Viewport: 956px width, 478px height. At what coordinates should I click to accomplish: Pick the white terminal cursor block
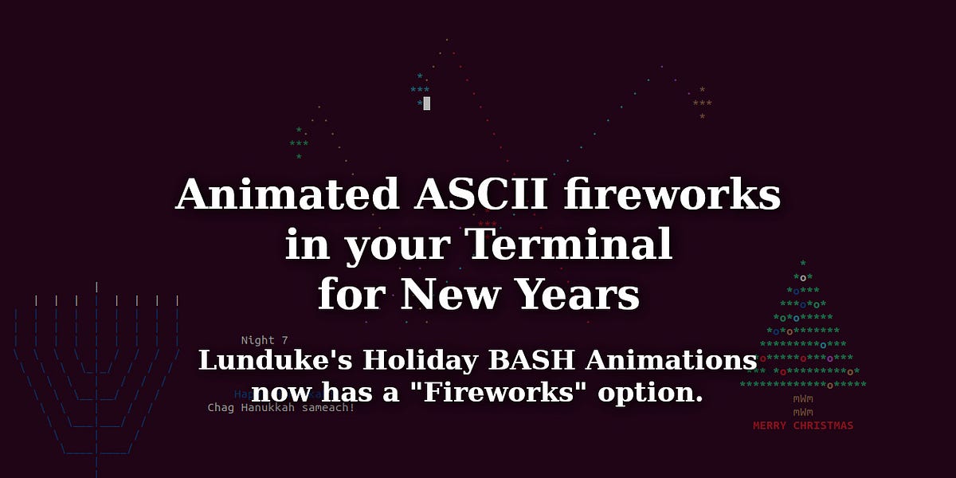(427, 104)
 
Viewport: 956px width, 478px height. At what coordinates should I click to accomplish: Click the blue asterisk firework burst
(419, 90)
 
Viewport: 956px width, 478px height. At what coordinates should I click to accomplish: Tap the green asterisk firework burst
(299, 143)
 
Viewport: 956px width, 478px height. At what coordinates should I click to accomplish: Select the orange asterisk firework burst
(702, 104)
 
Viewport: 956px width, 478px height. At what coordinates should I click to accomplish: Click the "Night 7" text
(264, 340)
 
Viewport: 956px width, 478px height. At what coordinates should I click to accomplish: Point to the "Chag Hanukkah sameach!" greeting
(281, 407)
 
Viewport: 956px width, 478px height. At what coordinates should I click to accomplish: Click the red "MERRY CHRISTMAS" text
(803, 425)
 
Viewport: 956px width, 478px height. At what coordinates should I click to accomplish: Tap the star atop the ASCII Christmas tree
(803, 263)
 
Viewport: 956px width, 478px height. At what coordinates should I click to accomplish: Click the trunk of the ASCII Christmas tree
(803, 405)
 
